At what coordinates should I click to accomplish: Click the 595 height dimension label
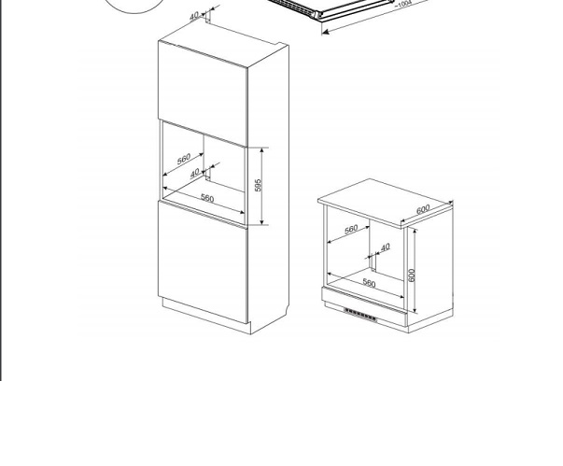point(259,185)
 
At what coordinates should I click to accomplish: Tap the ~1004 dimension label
point(403,5)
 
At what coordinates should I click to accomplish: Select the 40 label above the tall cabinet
point(194,16)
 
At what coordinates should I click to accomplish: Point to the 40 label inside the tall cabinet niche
point(194,174)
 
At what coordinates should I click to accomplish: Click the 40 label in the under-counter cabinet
point(385,247)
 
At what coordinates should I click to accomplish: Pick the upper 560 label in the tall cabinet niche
point(184,159)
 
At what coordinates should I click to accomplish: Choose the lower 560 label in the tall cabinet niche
point(207,198)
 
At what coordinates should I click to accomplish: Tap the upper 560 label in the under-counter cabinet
point(351,229)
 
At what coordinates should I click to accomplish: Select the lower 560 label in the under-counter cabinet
point(369,283)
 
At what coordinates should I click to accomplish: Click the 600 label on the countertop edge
point(423,209)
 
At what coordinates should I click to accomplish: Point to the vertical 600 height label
point(412,275)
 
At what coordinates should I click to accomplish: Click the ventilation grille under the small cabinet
point(360,314)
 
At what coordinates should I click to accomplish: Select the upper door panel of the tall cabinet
point(203,93)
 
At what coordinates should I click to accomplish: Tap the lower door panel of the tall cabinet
point(203,262)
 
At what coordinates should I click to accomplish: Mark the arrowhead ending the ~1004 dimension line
point(325,32)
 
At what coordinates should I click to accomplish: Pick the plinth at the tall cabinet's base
point(206,316)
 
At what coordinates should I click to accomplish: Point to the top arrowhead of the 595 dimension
point(262,150)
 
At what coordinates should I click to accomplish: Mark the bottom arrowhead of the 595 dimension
point(262,221)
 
